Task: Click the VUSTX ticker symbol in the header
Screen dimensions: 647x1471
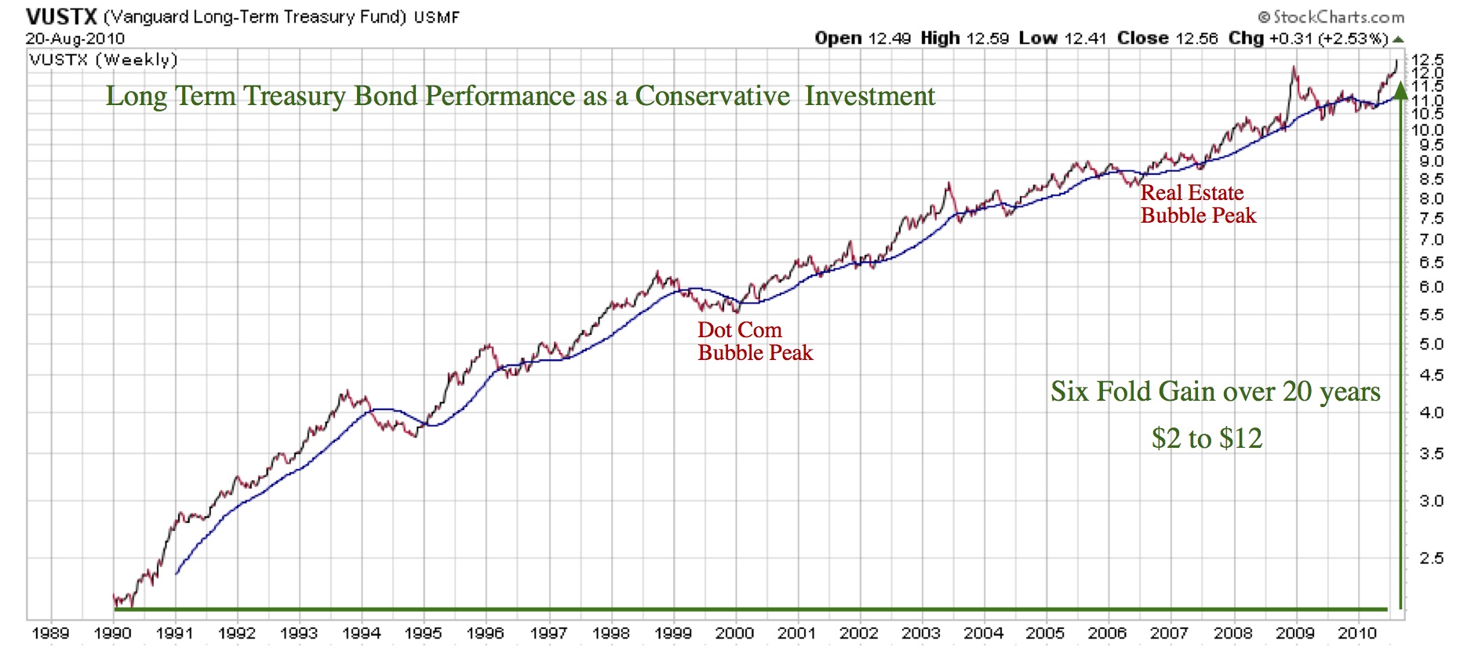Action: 61,16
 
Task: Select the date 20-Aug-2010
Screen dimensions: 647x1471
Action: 75,38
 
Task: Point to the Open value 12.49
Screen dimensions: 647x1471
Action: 889,38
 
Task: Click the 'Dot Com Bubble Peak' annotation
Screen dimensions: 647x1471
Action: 755,341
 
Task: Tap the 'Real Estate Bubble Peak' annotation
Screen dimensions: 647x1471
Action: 1198,204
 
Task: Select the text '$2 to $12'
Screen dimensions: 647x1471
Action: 1207,438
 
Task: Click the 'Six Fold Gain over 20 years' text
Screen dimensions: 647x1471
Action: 1215,391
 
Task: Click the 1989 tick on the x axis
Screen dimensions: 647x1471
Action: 50,633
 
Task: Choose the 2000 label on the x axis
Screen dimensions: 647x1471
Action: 735,633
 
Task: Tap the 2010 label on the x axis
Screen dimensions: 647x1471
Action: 1357,633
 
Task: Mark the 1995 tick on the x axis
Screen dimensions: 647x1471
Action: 424,633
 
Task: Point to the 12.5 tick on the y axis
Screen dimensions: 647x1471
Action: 1428,60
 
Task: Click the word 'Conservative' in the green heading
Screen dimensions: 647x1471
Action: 712,96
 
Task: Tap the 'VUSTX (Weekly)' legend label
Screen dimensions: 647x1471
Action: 104,60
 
